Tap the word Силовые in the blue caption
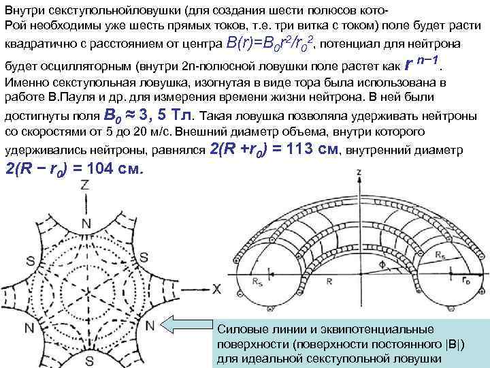point(238,330)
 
